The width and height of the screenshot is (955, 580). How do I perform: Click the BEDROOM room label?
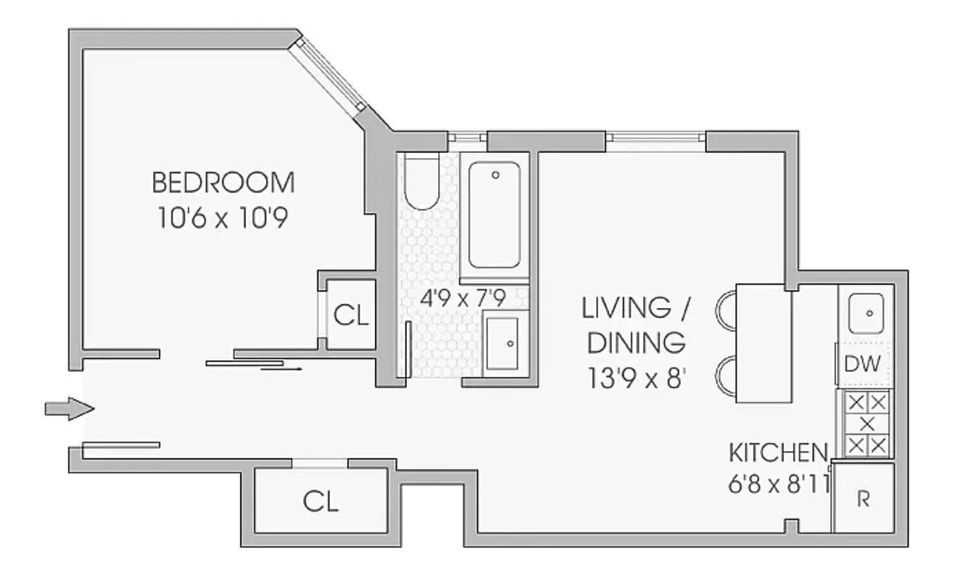tap(223, 183)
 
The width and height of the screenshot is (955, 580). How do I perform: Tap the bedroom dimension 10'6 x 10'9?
tap(223, 218)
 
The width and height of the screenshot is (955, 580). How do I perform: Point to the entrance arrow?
tap(70, 409)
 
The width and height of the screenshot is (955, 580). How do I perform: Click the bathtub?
tap(495, 215)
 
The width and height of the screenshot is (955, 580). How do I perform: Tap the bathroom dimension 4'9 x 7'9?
tap(463, 297)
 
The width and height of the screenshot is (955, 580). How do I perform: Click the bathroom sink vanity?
tap(502, 342)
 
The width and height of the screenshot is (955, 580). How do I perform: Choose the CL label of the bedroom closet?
tap(351, 315)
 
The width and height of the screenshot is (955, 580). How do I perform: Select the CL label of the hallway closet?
tap(321, 501)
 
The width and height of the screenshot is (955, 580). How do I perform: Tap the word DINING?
tap(636, 342)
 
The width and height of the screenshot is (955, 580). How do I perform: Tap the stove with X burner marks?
tap(867, 423)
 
